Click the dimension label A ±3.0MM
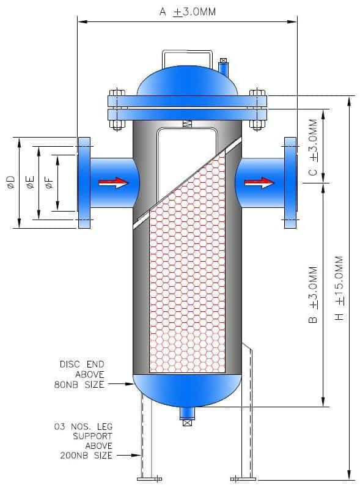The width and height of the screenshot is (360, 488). pyautogui.click(x=187, y=12)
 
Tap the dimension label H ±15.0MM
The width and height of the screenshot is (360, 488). pyautogui.click(x=340, y=288)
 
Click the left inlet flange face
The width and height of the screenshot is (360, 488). pyautogui.click(x=84, y=183)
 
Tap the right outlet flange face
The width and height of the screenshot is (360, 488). pyautogui.click(x=290, y=183)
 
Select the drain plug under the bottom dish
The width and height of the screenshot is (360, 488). pyautogui.click(x=187, y=416)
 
